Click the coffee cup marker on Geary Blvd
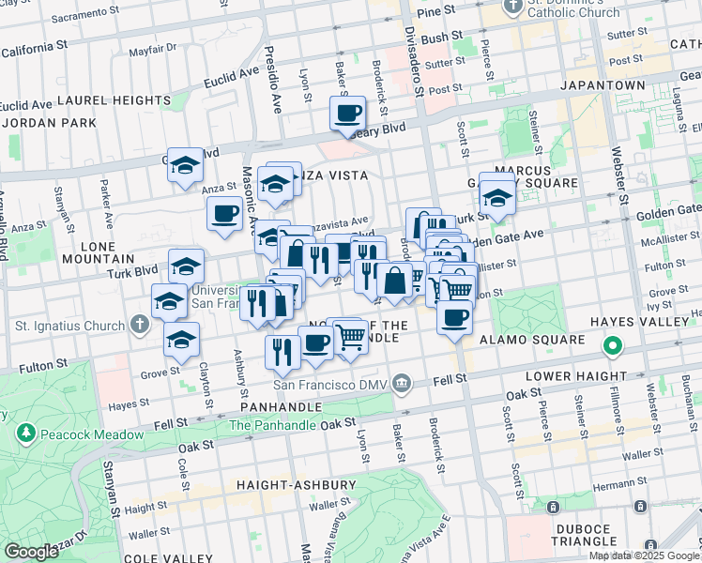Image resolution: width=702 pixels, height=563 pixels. (347, 114)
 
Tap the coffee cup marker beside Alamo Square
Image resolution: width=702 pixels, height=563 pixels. (455, 317)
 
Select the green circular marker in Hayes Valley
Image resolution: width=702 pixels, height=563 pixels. (612, 347)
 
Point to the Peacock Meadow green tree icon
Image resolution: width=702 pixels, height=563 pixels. (25, 433)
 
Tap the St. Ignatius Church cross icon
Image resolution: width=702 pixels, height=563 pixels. (139, 326)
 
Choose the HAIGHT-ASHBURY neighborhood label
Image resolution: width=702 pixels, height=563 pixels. (298, 485)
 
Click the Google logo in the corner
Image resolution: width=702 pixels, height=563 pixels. (31, 551)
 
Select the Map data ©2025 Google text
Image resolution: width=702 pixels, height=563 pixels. (643, 555)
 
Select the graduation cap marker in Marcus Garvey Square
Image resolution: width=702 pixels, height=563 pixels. (496, 197)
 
